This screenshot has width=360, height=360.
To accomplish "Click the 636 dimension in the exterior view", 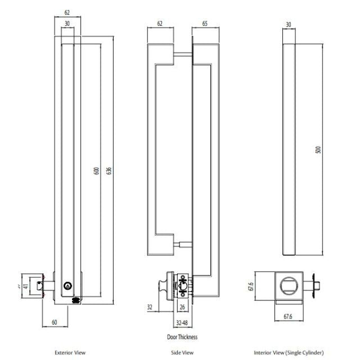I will [109, 170].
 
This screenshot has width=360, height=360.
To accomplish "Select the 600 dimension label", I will [96, 170].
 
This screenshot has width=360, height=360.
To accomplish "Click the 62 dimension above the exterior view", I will [67, 11].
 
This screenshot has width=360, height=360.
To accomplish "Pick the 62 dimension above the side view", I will [160, 24].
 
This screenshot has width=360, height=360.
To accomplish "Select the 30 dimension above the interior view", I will [289, 24].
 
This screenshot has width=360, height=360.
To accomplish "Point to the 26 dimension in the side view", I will [184, 307].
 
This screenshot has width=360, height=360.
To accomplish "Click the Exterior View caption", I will [70, 353].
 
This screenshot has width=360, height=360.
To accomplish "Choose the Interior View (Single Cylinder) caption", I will [289, 353].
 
